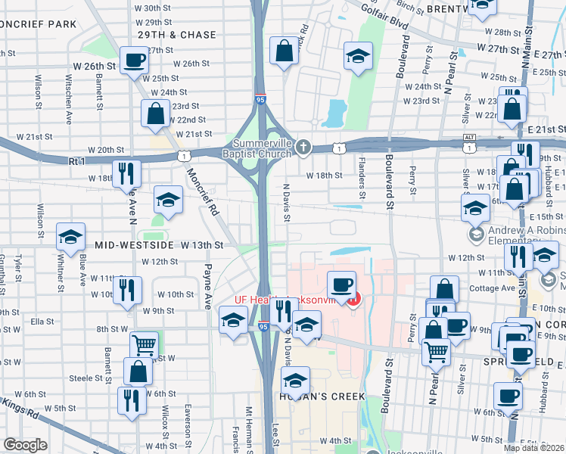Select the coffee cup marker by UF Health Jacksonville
point(341,285)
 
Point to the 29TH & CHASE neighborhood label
point(177,35)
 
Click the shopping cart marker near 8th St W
point(143,345)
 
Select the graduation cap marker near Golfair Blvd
point(358,55)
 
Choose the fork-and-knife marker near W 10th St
point(127,290)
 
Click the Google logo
point(24,446)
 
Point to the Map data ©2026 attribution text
point(534,448)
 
